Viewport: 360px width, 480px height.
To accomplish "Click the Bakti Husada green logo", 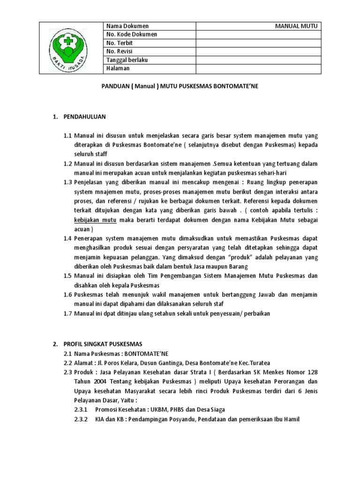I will (69, 48).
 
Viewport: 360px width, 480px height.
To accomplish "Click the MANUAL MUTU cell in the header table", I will (296, 26).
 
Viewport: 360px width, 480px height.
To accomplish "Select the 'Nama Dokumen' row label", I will (127, 26).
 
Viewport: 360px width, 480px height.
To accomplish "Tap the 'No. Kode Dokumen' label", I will (132, 35).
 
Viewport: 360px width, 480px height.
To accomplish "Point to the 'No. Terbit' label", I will (120, 43).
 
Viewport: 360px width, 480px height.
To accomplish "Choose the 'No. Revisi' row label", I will (121, 52).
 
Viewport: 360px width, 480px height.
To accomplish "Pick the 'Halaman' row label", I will (118, 68).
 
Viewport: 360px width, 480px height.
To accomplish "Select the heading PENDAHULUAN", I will (85, 116).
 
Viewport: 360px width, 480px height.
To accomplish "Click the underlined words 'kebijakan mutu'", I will (96, 220).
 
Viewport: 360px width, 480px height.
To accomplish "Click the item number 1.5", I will (68, 276).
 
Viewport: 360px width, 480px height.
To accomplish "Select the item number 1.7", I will (68, 313).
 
